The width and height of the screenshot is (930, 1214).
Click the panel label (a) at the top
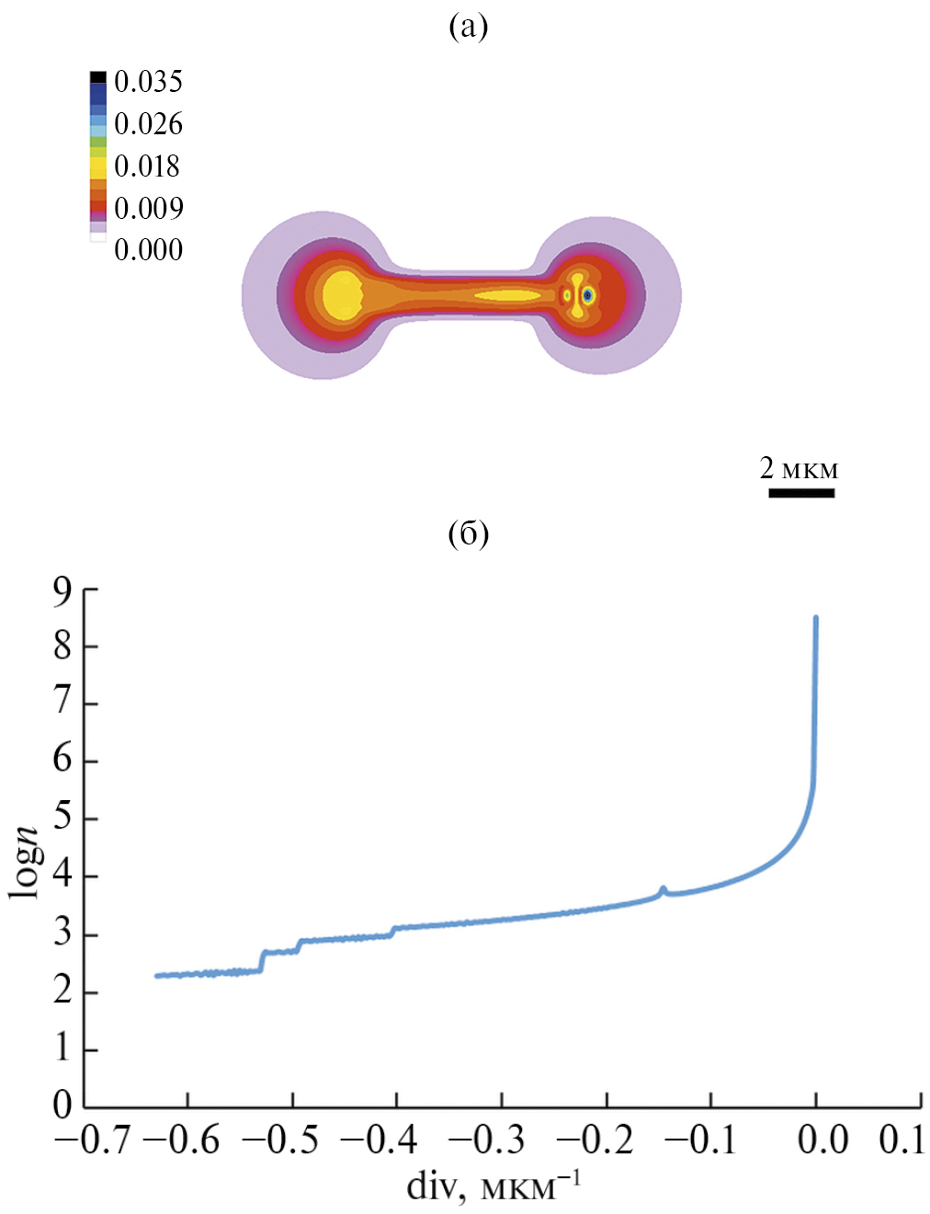tap(468, 27)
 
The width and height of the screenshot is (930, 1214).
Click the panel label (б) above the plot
tap(468, 533)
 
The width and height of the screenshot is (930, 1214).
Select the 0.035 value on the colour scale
tap(148, 82)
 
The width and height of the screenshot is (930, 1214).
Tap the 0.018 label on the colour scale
tap(148, 166)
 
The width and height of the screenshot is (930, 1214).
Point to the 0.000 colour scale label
tap(148, 250)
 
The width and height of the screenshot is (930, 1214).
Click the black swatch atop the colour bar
tap(97, 77)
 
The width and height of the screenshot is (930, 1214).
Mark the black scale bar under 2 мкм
tap(801, 494)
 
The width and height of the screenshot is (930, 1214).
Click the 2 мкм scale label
tap(799, 468)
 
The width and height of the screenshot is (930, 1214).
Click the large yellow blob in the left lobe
tap(342, 295)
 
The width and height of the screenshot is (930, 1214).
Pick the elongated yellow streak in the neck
tap(507, 296)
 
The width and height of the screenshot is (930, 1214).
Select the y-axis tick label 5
tap(62, 818)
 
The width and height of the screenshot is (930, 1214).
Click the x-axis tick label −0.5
tap(280, 1140)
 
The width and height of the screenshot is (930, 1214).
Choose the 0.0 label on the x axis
tap(822, 1140)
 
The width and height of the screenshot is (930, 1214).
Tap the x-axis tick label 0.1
tap(902, 1140)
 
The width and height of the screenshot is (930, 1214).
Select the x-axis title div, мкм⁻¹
tap(493, 1187)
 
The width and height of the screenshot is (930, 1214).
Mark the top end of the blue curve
tap(815, 619)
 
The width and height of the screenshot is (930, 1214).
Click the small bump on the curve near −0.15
tap(663, 889)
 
